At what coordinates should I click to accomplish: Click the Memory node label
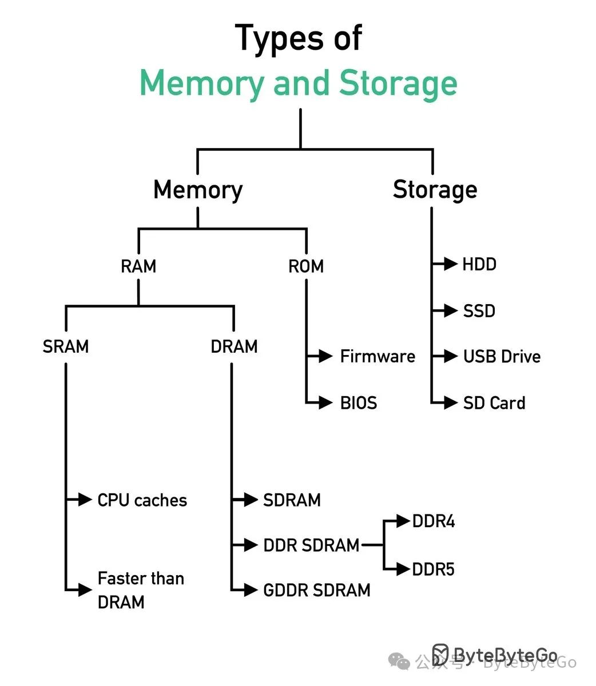198,190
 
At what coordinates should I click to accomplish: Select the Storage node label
435,190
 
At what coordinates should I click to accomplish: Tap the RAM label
138,266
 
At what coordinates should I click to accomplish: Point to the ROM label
306,266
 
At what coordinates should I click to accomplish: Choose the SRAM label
66,346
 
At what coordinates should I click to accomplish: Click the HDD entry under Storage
479,264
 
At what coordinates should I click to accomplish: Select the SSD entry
479,311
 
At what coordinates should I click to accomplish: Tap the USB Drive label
502,357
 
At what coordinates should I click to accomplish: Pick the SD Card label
494,403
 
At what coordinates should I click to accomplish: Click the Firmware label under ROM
378,357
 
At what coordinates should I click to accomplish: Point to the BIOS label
359,403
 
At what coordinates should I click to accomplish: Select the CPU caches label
142,500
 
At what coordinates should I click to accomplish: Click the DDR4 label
434,521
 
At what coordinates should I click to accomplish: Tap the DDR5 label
434,569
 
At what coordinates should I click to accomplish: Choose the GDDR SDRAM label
317,590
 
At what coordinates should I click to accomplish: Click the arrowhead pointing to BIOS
326,403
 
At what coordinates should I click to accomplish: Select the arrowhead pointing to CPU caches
85,500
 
